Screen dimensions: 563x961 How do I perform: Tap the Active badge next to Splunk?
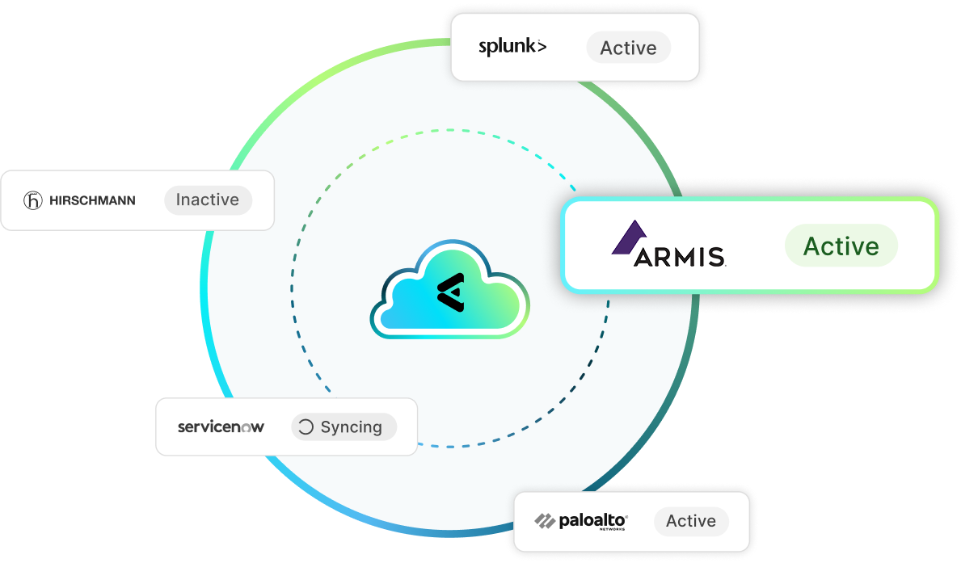pos(628,48)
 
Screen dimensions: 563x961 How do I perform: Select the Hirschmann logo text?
pos(92,200)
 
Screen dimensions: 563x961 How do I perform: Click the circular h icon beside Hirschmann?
pos(33,200)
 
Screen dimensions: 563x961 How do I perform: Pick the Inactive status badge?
pos(208,200)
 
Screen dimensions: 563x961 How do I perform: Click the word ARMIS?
pos(680,257)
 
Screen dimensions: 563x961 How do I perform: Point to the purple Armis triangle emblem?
pos(628,237)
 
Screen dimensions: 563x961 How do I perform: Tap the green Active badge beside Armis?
pos(841,246)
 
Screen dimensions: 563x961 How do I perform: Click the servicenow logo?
pos(221,426)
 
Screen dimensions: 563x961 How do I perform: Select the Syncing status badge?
pos(344,427)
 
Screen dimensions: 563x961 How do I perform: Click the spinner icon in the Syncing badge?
pos(306,427)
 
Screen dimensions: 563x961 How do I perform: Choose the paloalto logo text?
pos(592,520)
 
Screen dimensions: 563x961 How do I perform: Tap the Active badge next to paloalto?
pos(690,521)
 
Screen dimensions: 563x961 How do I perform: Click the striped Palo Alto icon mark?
pos(545,521)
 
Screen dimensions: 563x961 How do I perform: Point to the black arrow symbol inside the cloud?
pos(450,290)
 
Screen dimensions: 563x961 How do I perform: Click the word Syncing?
pos(351,427)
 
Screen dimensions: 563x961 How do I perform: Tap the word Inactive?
pos(208,200)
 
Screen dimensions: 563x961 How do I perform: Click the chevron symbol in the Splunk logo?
pos(542,46)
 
